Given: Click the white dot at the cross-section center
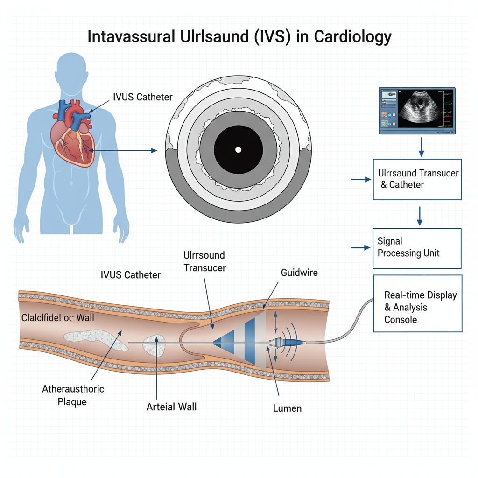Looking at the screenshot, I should tap(238, 149).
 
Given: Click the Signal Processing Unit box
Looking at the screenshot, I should tap(417, 248).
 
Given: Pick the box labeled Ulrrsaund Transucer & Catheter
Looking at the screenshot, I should tap(417, 179).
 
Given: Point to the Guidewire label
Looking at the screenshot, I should tap(300, 273).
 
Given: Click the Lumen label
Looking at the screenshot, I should tap(287, 408).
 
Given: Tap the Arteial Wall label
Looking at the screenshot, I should tap(171, 407).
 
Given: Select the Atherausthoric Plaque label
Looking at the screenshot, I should tap(73, 395).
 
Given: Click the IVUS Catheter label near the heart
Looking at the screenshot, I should tap(143, 97).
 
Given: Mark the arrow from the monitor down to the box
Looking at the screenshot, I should tap(421, 148).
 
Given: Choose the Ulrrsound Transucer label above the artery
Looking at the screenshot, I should tap(204, 261).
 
